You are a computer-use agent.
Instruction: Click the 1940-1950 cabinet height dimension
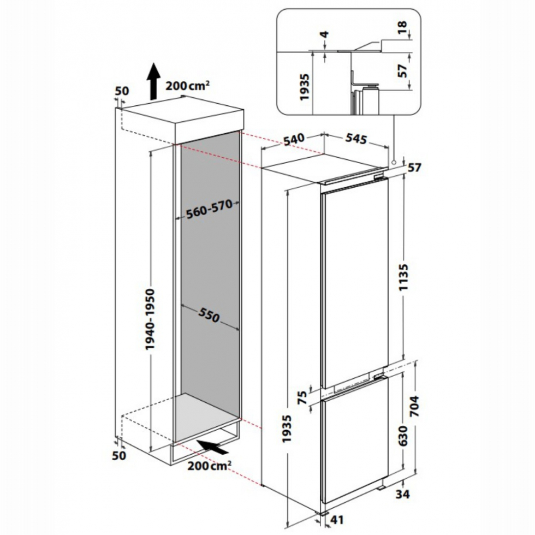pyautogui.click(x=150, y=319)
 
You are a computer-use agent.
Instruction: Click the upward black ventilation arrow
pyautogui.click(x=153, y=81)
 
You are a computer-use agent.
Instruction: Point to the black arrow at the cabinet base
pyautogui.click(x=212, y=447)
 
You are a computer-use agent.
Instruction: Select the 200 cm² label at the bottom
pyautogui.click(x=209, y=465)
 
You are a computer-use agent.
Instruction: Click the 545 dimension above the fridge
pyautogui.click(x=356, y=139)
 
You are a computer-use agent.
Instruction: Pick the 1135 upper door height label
pyautogui.click(x=403, y=277)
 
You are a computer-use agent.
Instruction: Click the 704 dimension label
pyautogui.click(x=414, y=406)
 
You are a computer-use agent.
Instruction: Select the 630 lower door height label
pyautogui.click(x=403, y=436)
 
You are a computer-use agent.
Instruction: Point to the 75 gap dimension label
pyautogui.click(x=302, y=397)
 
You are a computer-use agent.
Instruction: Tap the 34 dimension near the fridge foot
pyautogui.click(x=403, y=494)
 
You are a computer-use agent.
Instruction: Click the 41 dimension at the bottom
pyautogui.click(x=337, y=520)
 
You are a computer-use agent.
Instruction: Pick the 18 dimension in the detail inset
pyautogui.click(x=403, y=27)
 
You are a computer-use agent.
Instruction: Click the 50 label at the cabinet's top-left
pyautogui.click(x=122, y=91)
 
